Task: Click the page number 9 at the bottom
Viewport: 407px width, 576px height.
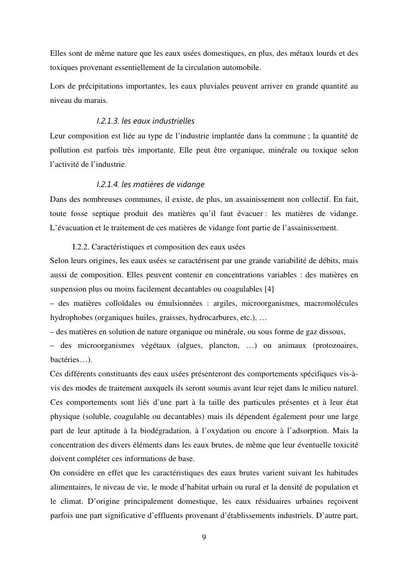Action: (203, 537)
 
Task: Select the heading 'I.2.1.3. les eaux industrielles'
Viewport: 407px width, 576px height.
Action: (145, 120)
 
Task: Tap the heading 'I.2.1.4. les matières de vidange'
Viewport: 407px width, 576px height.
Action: (150, 184)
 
